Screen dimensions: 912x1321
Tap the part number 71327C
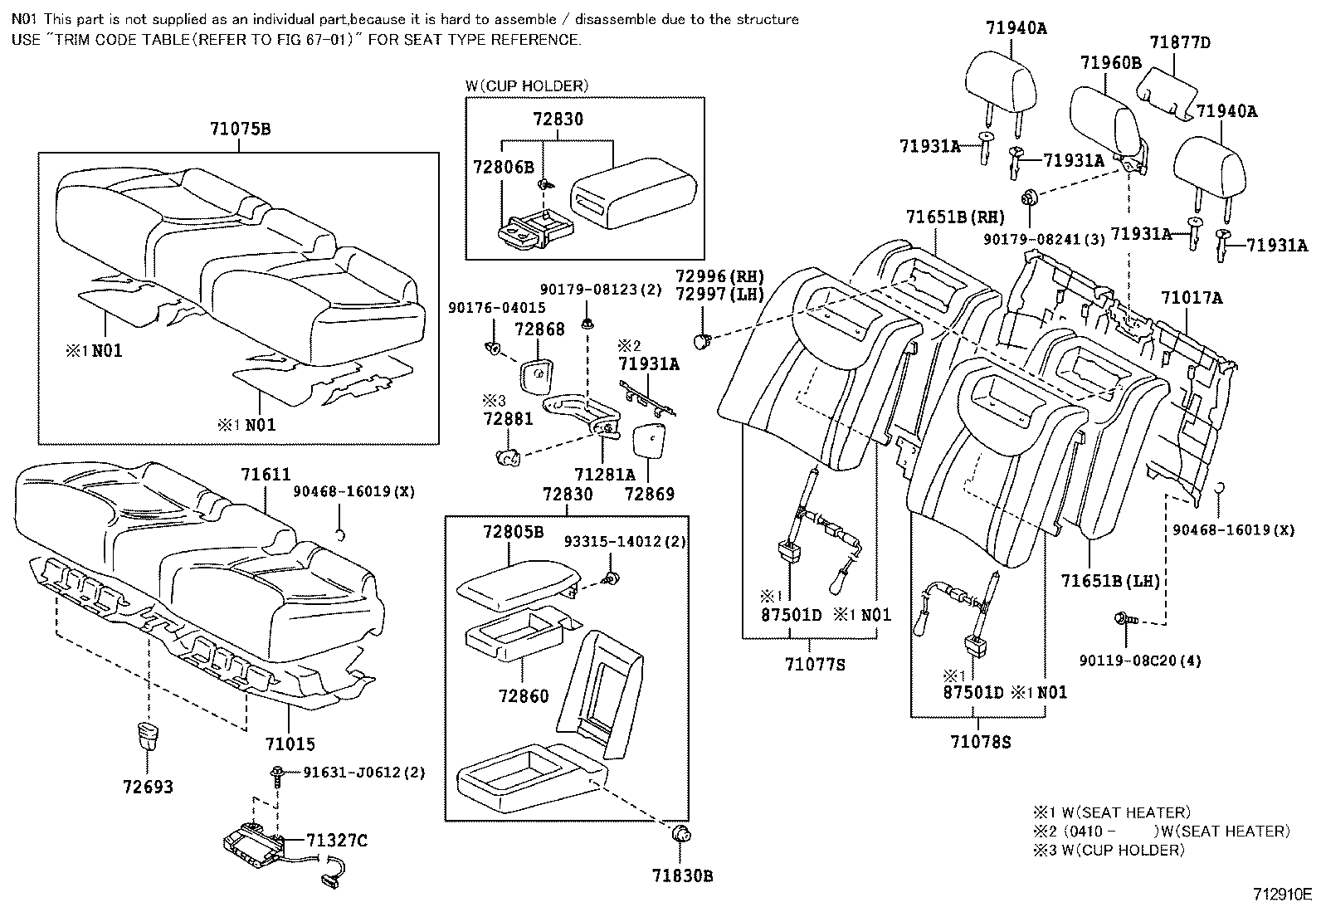click(336, 841)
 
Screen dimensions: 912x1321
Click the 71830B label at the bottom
click(682, 875)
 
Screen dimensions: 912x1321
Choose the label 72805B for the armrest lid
click(514, 532)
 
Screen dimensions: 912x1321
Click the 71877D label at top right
click(1180, 42)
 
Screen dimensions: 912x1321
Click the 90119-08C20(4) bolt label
click(1140, 661)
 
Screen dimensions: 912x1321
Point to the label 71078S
click(981, 741)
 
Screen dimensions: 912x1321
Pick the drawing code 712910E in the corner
click(1283, 895)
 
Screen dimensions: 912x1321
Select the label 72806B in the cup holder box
click(503, 167)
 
